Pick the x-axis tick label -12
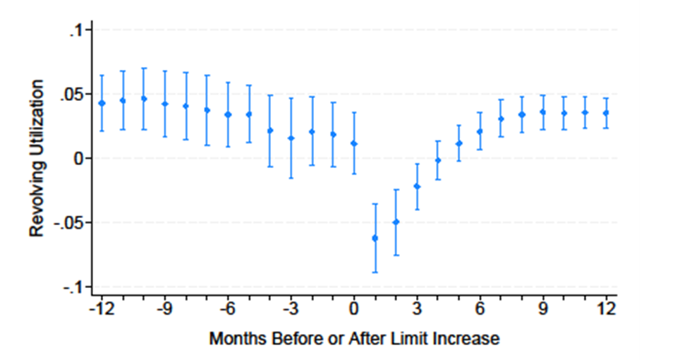click(x=102, y=309)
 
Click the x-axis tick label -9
click(x=164, y=309)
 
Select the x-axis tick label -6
click(x=228, y=309)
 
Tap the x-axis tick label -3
click(x=291, y=309)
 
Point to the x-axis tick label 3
click(x=417, y=309)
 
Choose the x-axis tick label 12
click(x=606, y=309)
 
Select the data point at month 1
click(x=375, y=239)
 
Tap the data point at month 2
click(x=396, y=222)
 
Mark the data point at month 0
click(x=354, y=143)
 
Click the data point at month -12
click(x=102, y=103)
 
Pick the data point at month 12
click(x=606, y=113)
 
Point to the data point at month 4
click(x=438, y=160)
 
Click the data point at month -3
click(x=291, y=138)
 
